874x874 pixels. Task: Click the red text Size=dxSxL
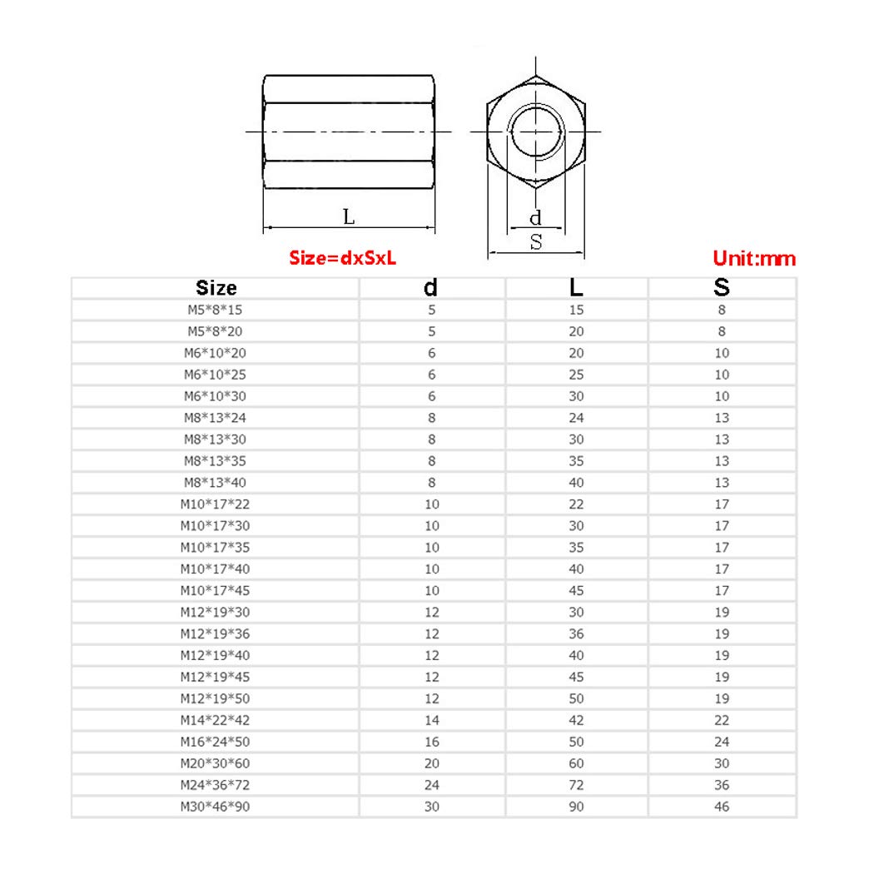pyautogui.click(x=343, y=258)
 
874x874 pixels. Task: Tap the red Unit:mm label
pyautogui.click(x=754, y=259)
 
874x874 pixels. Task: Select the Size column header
pyautogui.click(x=216, y=288)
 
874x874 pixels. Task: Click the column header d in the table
pyautogui.click(x=430, y=288)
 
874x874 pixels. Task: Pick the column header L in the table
pyautogui.click(x=576, y=288)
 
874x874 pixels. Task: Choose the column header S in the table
pyautogui.click(x=722, y=288)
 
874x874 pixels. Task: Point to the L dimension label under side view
pyautogui.click(x=349, y=217)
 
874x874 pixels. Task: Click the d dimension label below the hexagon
pyautogui.click(x=535, y=218)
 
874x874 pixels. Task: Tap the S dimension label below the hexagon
pyautogui.click(x=536, y=242)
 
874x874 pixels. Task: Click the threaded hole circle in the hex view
pyautogui.click(x=536, y=132)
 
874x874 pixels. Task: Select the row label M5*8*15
pyautogui.click(x=215, y=310)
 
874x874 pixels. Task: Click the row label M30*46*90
pyautogui.click(x=215, y=807)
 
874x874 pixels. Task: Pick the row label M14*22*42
pyautogui.click(x=215, y=720)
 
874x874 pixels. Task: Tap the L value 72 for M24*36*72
pyautogui.click(x=576, y=785)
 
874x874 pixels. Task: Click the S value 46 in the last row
pyautogui.click(x=722, y=807)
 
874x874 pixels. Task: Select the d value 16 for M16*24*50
pyautogui.click(x=431, y=742)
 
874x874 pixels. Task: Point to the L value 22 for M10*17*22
pyautogui.click(x=576, y=504)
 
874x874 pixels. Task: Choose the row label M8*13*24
pyautogui.click(x=215, y=418)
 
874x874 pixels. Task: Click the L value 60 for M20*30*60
pyautogui.click(x=576, y=763)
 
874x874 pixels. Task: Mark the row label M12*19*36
pyautogui.click(x=215, y=634)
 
